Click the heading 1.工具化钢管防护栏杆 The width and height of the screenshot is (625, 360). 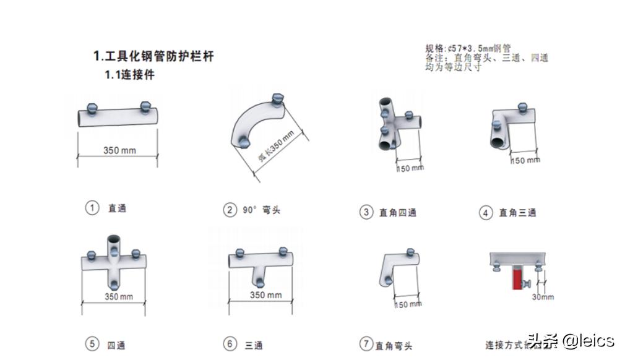point(153,56)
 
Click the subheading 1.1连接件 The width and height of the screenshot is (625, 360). point(129,75)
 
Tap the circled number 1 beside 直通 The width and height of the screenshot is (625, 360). point(92,208)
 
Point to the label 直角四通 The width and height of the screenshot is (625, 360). point(397,213)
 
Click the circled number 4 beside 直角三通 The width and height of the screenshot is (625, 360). point(486,213)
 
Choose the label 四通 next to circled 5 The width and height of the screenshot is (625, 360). point(116,345)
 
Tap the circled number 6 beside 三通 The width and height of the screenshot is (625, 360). point(230,344)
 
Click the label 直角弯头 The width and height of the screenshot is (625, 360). point(394,346)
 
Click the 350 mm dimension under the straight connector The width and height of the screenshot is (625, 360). point(119,150)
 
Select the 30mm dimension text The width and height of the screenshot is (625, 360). point(543,297)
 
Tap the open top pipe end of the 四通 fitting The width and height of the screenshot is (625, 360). point(114,240)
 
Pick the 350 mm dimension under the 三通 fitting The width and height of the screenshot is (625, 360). point(265,295)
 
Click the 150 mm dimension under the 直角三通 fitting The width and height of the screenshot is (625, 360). point(525,161)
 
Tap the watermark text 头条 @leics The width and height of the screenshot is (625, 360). point(570,340)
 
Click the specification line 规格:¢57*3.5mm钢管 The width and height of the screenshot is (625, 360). point(468,48)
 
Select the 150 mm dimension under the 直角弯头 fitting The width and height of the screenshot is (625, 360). point(408,304)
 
